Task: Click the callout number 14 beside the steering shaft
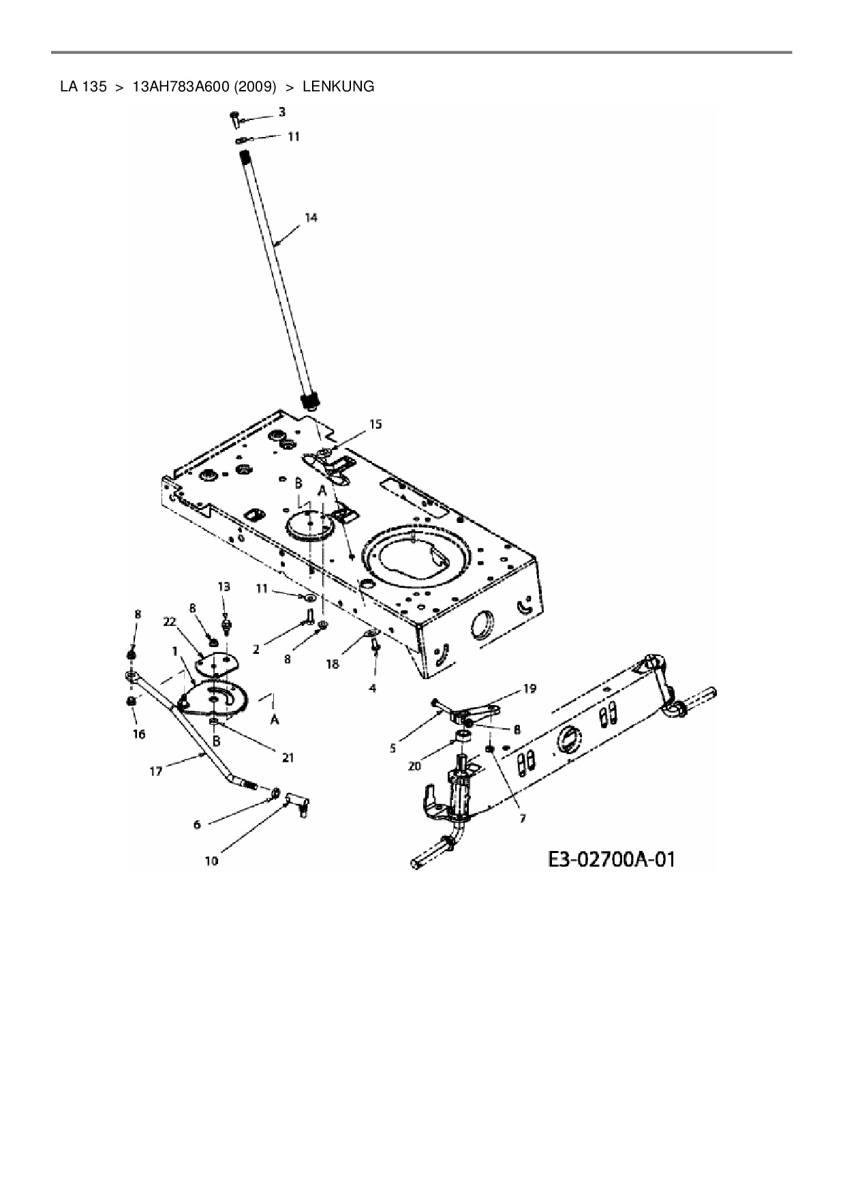pos(311,218)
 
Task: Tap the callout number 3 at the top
pos(282,111)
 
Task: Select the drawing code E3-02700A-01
pos(611,858)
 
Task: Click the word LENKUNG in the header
pos(338,87)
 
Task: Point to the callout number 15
pos(375,424)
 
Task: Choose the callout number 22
pos(170,621)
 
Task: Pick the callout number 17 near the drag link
pos(156,771)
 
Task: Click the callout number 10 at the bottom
pos(211,861)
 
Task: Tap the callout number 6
pos(198,824)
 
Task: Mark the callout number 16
pos(139,734)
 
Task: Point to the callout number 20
pos(414,766)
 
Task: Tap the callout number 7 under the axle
pos(523,818)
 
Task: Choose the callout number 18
pos(332,664)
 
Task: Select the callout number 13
pos(224,586)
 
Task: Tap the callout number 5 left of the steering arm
pos(393,748)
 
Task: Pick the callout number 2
pos(256,650)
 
